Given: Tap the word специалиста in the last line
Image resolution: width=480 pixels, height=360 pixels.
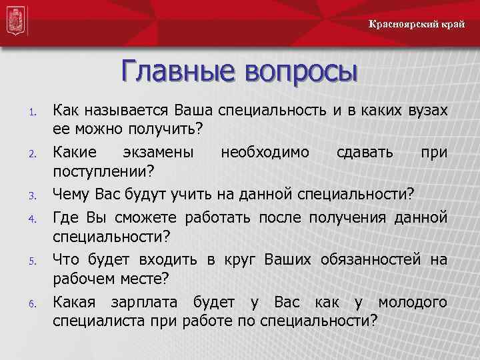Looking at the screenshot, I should [x=98, y=322].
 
